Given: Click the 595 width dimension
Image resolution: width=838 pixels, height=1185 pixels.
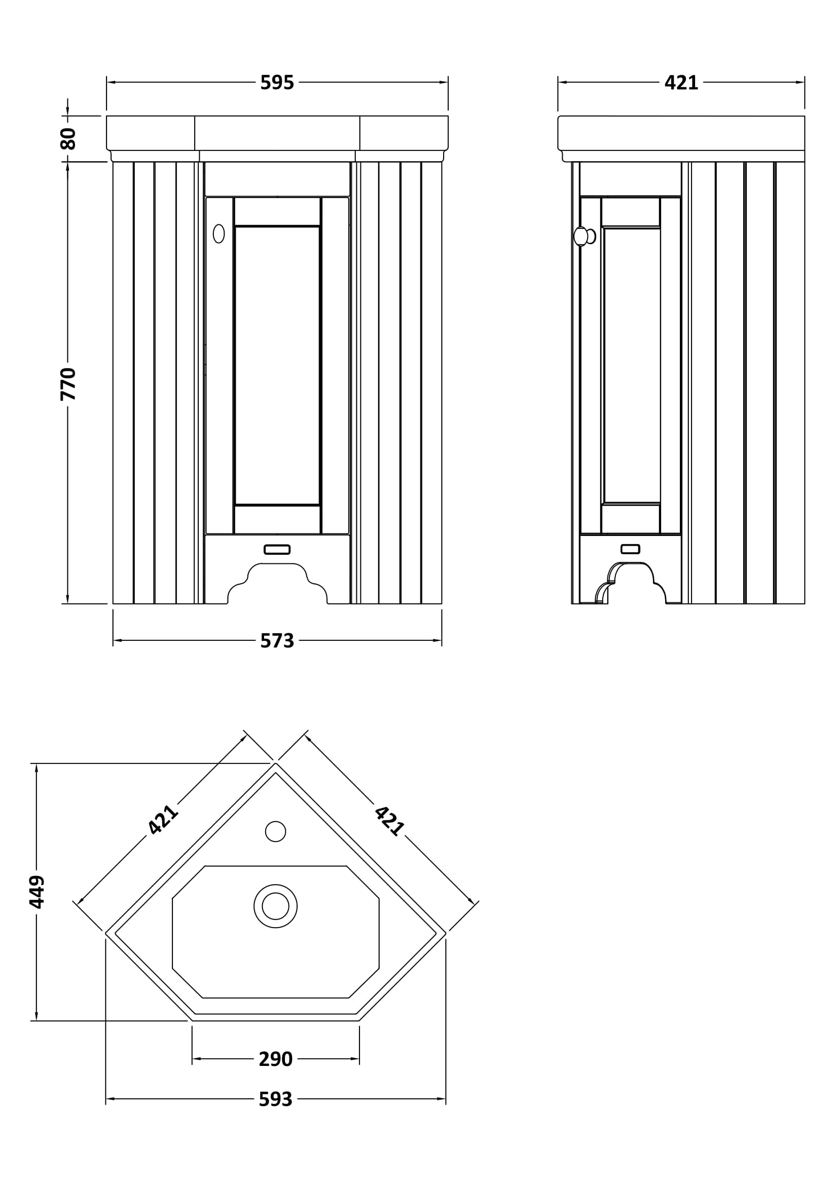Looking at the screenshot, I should [277, 83].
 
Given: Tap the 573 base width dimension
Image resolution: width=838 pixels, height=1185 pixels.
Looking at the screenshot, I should [277, 640].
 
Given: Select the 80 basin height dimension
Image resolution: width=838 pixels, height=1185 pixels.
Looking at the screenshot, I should [68, 138].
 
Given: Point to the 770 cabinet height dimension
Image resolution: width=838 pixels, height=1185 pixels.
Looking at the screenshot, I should [68, 384].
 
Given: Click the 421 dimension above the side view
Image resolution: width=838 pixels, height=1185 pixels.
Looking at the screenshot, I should [681, 83].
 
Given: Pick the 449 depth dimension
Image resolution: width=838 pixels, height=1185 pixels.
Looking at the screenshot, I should [37, 891].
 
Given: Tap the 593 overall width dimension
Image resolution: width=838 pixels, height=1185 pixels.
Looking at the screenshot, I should [275, 1099].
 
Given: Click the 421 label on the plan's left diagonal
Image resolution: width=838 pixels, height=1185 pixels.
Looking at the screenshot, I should [163, 820].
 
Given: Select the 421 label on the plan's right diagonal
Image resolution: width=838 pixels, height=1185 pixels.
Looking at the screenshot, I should [389, 821].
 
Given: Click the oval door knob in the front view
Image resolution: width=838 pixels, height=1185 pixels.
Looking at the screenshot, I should [219, 234].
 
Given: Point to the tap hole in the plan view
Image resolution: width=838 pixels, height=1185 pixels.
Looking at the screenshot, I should [275, 831].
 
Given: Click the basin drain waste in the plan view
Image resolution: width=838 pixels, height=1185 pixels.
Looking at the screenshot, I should [275, 906].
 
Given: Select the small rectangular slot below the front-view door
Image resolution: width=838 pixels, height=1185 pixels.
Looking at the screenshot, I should [277, 550].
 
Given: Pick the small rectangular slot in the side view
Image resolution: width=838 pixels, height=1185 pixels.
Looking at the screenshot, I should [630, 549].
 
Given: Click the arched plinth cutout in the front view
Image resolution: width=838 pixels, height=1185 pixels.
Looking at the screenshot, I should [277, 583].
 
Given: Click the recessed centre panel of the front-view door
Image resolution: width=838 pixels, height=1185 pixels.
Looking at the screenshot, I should [277, 365].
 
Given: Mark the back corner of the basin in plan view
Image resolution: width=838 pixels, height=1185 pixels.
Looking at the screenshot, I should [276, 764].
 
